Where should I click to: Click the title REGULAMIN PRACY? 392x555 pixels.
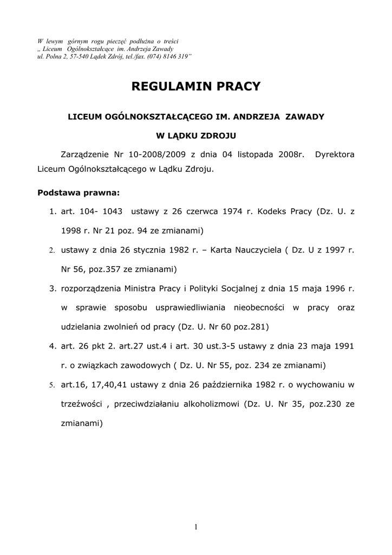197,86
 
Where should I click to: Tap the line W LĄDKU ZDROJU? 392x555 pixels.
196,135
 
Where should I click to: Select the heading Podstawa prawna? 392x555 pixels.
78,192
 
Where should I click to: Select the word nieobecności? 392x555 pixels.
259,307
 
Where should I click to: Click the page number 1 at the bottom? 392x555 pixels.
196,527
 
